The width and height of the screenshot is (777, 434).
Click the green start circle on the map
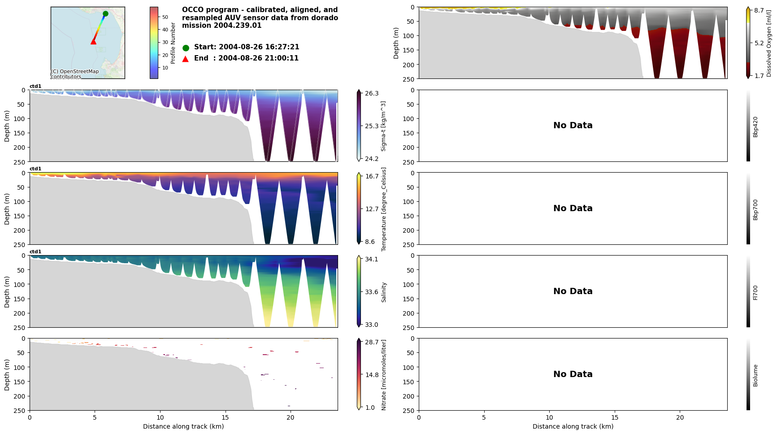(x=105, y=13)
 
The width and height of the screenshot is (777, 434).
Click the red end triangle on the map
(x=93, y=42)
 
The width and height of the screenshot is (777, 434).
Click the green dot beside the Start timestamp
(x=186, y=48)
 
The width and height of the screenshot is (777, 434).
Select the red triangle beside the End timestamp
(x=186, y=59)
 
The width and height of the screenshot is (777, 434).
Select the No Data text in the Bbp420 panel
(x=573, y=126)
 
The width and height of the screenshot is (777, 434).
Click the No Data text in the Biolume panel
(x=573, y=374)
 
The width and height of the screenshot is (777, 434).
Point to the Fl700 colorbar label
(x=755, y=292)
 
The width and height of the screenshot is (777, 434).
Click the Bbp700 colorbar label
(x=755, y=209)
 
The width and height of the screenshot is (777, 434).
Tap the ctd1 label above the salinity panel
(x=35, y=252)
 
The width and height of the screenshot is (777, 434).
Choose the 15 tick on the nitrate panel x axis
(x=225, y=417)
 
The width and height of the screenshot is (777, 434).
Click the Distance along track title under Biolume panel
(x=573, y=426)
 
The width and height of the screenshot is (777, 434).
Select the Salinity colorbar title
(x=384, y=292)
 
